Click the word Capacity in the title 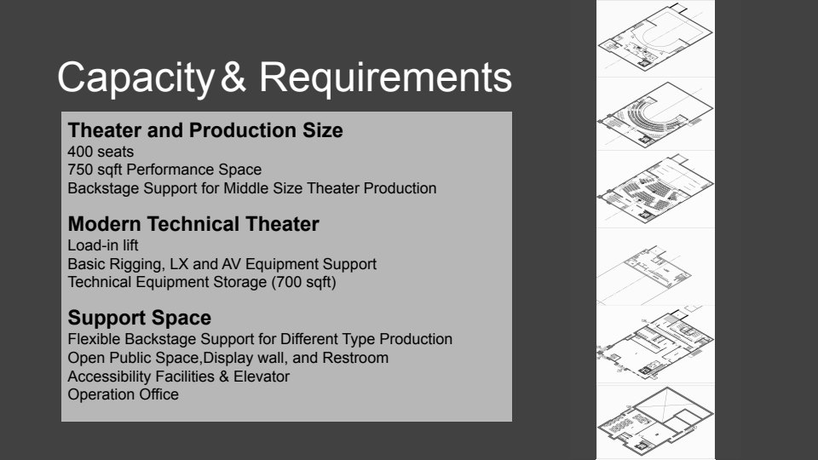135,78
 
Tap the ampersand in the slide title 233,77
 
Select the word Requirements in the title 385,78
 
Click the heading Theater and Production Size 205,130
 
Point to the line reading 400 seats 101,152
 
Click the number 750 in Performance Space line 80,170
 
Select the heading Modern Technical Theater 193,224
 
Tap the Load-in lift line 103,245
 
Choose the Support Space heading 139,318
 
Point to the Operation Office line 123,394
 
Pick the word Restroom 355,358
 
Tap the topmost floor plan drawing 656,37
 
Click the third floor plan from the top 656,189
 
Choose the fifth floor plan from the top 656,343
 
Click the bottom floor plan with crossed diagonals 656,420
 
